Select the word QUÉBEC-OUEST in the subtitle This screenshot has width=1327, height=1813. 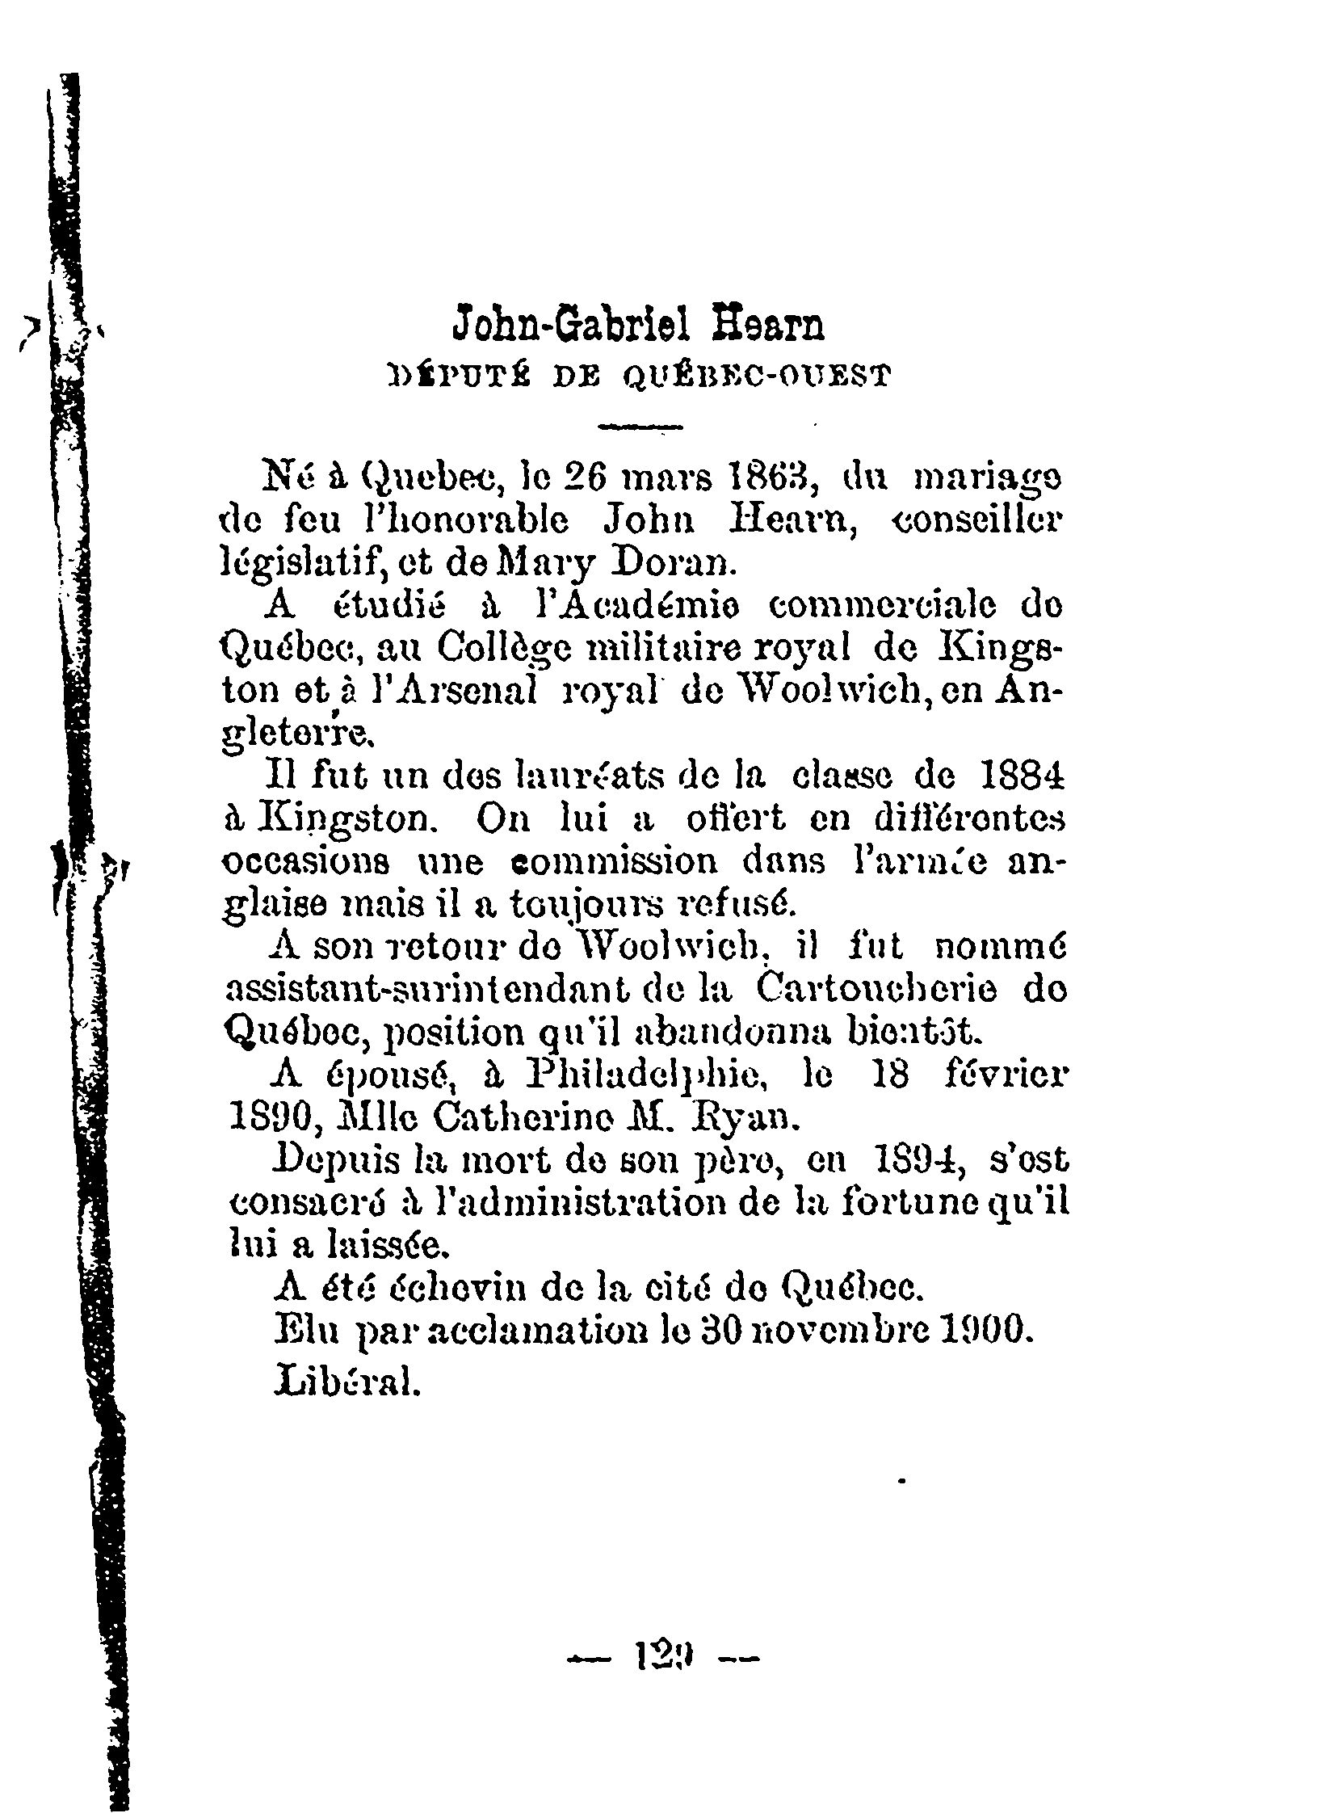(x=757, y=376)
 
